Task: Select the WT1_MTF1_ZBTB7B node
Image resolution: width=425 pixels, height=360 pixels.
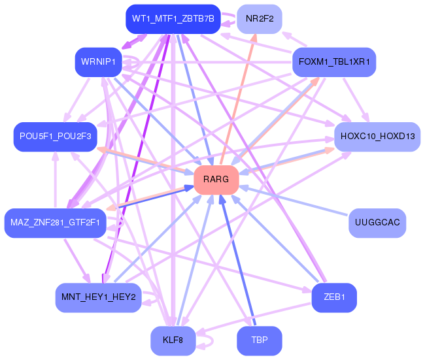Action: [173, 19]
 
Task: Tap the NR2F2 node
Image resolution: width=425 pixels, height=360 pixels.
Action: [260, 19]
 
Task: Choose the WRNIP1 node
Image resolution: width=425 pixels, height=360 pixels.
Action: [98, 62]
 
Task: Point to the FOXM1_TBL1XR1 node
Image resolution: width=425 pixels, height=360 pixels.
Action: [334, 63]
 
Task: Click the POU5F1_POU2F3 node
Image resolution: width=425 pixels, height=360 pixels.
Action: [55, 137]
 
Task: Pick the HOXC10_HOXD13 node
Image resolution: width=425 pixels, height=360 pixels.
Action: [377, 137]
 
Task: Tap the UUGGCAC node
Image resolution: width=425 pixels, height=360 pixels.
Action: [377, 223]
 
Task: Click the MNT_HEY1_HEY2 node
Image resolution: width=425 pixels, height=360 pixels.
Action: [98, 297]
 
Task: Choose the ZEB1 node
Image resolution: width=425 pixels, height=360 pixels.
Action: [334, 297]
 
